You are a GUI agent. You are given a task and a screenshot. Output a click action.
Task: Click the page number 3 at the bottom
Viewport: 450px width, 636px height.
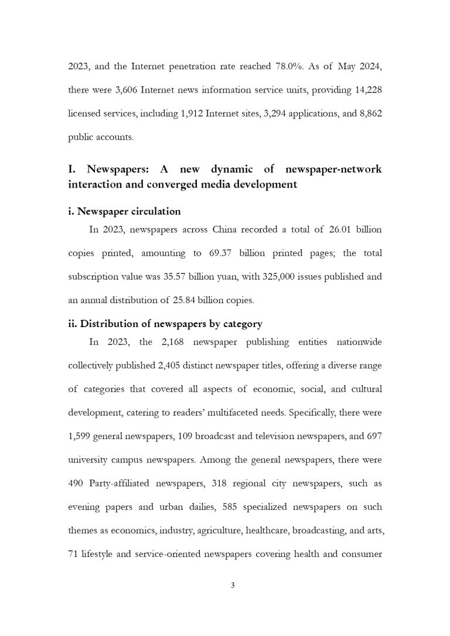point(233,584)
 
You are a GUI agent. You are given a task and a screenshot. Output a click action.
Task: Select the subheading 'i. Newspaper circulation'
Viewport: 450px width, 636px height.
point(125,211)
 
